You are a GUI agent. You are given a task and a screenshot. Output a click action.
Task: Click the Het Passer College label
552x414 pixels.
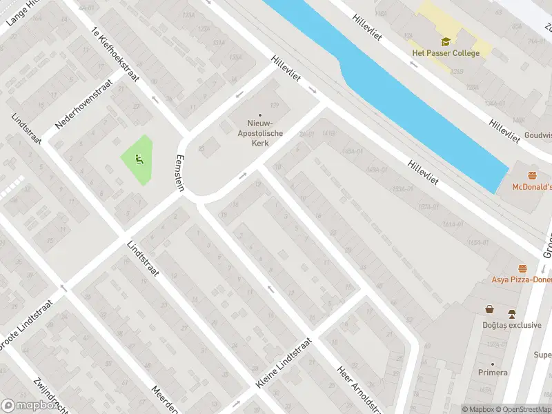(x=445, y=53)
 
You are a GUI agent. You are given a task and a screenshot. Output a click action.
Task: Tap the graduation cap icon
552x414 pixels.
(x=446, y=41)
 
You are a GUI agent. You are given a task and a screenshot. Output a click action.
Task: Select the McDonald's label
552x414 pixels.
(x=531, y=186)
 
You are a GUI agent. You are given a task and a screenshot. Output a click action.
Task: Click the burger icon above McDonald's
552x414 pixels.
(x=532, y=175)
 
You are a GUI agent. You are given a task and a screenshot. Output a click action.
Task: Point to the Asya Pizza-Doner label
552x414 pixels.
(x=522, y=279)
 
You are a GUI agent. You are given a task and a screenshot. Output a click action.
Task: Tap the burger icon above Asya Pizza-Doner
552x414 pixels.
(x=522, y=268)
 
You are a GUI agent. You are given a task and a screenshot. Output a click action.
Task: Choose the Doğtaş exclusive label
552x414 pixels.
(x=512, y=325)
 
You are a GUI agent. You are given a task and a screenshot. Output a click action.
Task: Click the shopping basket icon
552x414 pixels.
(x=489, y=309)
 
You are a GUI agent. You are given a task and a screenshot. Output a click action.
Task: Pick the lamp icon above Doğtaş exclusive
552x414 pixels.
(x=513, y=313)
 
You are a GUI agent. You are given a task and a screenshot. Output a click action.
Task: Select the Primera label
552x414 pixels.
(x=493, y=373)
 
